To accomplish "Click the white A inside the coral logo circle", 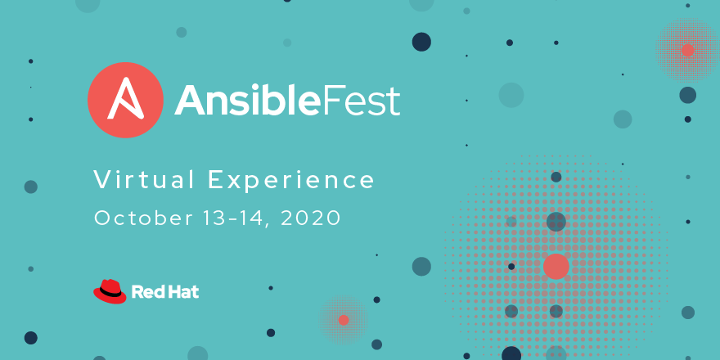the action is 125,98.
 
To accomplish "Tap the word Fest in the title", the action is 362,101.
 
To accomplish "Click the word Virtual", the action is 144,179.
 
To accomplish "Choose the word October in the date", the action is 144,218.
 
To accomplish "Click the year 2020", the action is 310,218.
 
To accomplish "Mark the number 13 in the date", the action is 215,218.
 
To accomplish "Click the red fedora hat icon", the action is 110,291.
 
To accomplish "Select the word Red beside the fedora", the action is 146,291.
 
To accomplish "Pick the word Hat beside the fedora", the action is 182,291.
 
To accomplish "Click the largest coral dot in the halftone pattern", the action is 556,267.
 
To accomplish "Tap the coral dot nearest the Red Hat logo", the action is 344,320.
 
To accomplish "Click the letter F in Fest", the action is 332,101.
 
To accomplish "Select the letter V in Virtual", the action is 103,180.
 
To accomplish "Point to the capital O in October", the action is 103,218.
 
